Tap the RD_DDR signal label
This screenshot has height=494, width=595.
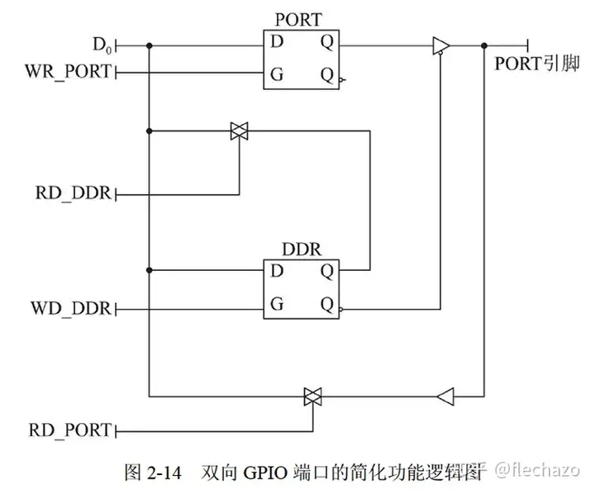(71, 195)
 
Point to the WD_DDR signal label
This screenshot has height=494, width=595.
(71, 309)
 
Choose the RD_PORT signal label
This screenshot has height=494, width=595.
(69, 430)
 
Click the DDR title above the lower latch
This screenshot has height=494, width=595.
(301, 248)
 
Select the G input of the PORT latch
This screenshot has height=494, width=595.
(277, 74)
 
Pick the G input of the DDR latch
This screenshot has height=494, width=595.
(277, 304)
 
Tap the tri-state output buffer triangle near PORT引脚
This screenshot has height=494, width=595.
(440, 46)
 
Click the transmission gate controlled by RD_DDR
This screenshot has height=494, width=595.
(239, 130)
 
